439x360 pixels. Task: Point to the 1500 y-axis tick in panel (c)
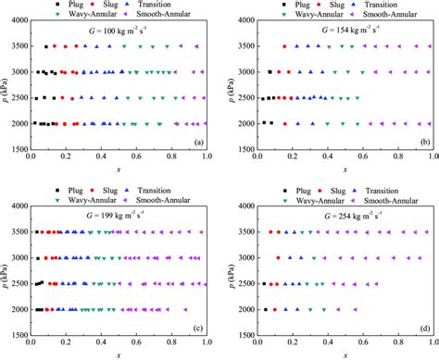[x=17, y=337]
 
